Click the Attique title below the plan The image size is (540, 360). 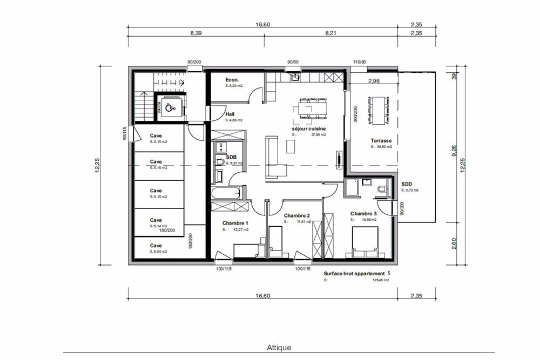click(x=279, y=348)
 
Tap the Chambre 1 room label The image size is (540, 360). click(x=235, y=223)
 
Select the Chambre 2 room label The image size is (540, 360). click(x=296, y=215)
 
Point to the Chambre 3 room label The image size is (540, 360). click(x=363, y=213)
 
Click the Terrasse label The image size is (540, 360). click(x=381, y=140)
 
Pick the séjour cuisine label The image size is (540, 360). click(x=309, y=130)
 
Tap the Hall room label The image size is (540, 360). click(x=230, y=114)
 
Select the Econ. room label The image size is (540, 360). click(x=232, y=79)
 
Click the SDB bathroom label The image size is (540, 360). click(x=232, y=156)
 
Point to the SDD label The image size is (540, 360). click(x=407, y=184)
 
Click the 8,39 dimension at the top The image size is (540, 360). click(x=196, y=33)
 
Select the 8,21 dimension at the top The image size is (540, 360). click(x=330, y=33)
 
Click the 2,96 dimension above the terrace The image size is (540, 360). click(x=374, y=81)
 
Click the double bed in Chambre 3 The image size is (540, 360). click(x=365, y=241)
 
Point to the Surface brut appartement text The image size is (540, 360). click(x=354, y=274)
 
